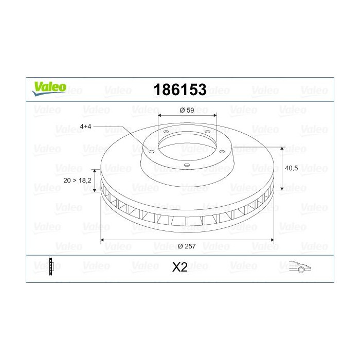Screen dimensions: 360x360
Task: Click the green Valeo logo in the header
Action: coord(49,88)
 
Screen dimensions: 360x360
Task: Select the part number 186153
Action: coord(180,90)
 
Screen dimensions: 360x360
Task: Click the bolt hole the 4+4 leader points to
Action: coord(151,151)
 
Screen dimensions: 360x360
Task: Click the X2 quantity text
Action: coord(179,267)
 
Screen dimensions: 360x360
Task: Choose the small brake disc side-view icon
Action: coord(51,266)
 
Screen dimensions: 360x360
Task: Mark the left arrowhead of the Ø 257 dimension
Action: coord(102,240)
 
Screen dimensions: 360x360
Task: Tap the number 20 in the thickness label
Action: coord(67,180)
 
